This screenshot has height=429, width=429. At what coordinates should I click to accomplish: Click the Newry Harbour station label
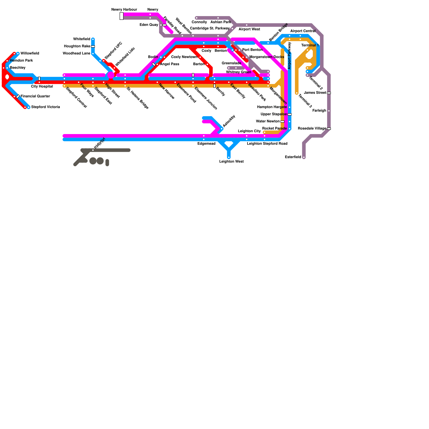point(124,10)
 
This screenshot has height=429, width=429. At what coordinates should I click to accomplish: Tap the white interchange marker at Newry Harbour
point(121,16)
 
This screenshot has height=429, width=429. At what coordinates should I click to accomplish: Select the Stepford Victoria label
point(45,107)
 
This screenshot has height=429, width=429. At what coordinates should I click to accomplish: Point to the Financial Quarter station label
point(35,96)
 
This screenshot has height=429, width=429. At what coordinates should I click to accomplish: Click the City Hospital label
point(42,87)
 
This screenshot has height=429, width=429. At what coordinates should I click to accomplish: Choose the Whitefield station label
point(82,39)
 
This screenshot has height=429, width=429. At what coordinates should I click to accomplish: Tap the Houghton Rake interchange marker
point(93,46)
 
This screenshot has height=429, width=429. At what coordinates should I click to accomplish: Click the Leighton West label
point(231,162)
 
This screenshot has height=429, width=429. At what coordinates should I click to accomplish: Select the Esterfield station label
point(293,157)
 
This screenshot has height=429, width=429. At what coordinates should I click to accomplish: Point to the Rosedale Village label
point(312,129)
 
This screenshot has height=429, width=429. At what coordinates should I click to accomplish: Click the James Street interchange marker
point(329,93)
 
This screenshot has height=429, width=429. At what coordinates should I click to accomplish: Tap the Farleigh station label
point(319,111)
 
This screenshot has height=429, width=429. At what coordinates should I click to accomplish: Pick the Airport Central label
point(303,31)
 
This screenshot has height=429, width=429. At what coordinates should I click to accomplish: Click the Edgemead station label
point(206,144)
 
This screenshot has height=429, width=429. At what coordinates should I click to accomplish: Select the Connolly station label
point(199,22)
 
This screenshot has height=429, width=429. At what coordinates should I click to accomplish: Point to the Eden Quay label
point(149,25)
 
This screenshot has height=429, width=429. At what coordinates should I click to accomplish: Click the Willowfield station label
point(30,54)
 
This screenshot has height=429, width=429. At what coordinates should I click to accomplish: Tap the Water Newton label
point(268,121)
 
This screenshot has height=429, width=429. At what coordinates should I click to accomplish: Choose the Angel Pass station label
point(169,64)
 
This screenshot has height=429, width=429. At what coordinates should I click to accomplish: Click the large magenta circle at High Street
point(111,75)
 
